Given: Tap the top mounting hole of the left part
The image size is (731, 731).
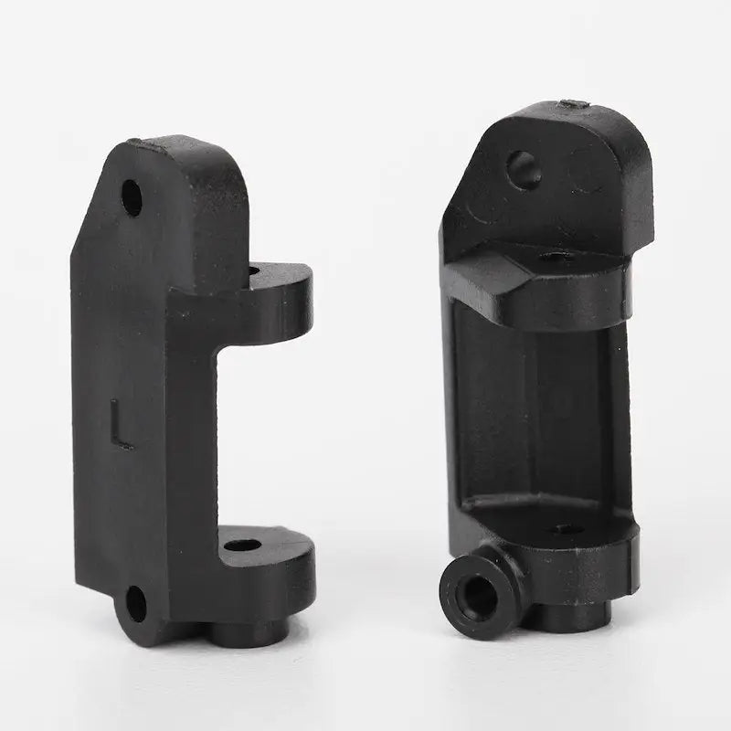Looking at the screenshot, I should point(132,197).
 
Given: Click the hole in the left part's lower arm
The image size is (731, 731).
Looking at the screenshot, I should point(241,546).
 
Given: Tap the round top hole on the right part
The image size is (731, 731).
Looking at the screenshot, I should point(524,170).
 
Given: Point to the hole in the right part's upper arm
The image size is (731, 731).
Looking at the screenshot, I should point(556,258).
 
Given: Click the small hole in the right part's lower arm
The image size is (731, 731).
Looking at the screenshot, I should point(564,529).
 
